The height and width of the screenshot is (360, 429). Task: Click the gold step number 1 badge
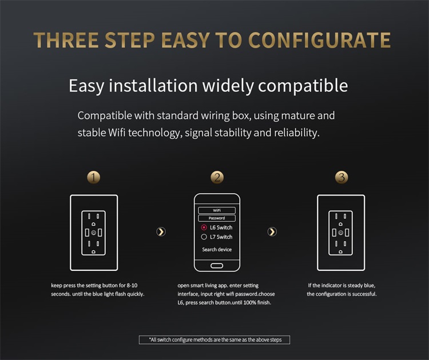point(94,177)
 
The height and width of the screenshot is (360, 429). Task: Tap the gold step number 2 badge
point(217,177)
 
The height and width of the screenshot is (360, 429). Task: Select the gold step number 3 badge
point(341,177)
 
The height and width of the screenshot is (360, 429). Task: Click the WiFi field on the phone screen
point(217,210)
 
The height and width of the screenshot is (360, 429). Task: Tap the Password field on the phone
point(217,218)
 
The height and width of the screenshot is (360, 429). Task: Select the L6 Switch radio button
point(204,227)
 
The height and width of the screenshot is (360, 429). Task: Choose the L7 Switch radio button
point(204,237)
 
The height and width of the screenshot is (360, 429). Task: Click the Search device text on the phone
point(217,249)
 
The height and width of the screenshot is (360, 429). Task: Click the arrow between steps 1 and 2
point(161,232)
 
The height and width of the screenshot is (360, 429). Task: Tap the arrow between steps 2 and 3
point(272,232)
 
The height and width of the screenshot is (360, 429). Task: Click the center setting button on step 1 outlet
point(94,233)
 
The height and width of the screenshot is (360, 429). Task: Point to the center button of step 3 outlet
point(341,233)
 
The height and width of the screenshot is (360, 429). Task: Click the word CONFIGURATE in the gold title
point(319,40)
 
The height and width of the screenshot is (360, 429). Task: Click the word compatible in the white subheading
point(303,86)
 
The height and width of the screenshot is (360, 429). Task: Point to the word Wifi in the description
point(117,133)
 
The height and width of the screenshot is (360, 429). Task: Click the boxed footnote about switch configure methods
point(214,340)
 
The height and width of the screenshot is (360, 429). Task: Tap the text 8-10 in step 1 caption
point(132,285)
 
